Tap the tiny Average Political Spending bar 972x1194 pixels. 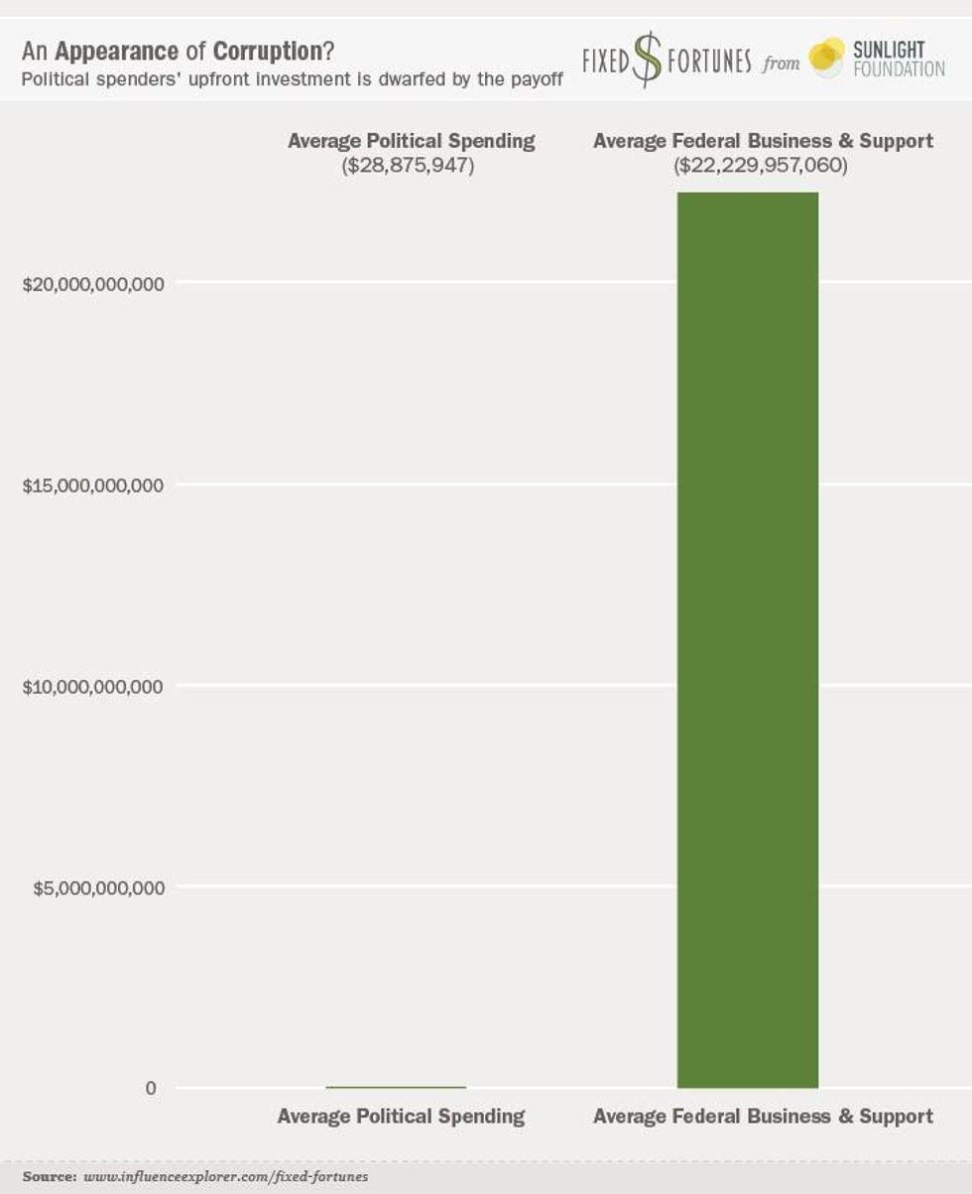click(396, 1087)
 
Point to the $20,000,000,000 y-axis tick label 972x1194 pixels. click(93, 284)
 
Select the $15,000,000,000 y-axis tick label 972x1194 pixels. click(93, 485)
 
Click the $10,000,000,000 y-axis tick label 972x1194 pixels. click(93, 687)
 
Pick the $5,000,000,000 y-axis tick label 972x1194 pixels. click(98, 887)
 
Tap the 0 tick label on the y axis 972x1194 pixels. click(151, 1089)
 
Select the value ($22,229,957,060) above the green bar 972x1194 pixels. click(762, 166)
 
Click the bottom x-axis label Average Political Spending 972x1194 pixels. click(401, 1117)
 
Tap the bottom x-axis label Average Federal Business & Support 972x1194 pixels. click(763, 1117)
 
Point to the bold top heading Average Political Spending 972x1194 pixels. click(411, 141)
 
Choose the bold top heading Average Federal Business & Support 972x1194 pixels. click(763, 141)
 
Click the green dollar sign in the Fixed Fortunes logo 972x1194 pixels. click(648, 60)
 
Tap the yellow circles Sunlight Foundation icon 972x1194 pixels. click(826, 58)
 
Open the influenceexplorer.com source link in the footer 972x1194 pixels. click(225, 1177)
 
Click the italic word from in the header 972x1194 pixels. click(781, 66)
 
